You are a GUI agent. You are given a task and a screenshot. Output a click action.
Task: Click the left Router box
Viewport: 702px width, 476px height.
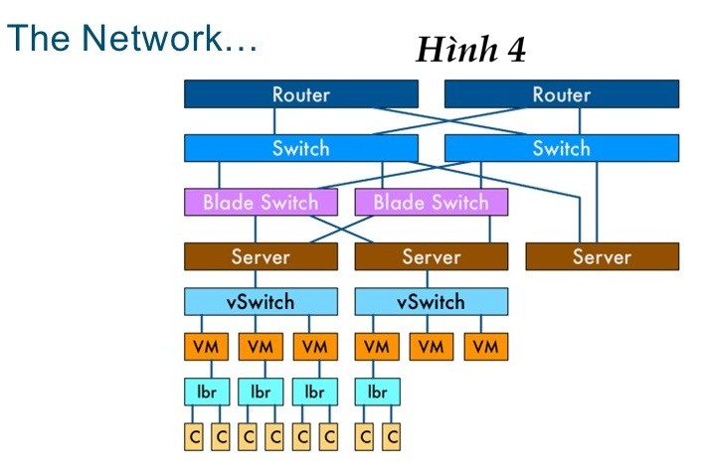click(x=300, y=94)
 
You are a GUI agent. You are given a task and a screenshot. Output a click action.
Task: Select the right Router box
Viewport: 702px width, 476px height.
click(x=561, y=94)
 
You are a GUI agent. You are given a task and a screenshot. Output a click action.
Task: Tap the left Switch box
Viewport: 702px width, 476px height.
click(x=300, y=148)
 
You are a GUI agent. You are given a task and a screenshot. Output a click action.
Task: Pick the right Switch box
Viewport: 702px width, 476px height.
click(x=561, y=148)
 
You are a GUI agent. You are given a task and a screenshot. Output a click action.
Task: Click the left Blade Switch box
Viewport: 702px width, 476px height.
click(x=261, y=202)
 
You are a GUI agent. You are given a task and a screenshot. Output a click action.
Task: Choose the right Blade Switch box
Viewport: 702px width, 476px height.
click(x=431, y=202)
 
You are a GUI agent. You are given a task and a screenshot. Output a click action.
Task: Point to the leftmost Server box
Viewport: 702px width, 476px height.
click(x=261, y=256)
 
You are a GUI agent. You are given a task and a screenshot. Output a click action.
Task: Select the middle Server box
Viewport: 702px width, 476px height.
click(x=431, y=256)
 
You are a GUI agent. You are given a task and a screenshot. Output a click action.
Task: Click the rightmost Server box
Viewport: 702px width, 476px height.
click(x=602, y=256)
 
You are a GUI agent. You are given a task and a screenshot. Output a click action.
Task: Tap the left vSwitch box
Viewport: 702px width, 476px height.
click(x=261, y=301)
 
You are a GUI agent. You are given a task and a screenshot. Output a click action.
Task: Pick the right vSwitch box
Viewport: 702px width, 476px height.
click(x=431, y=301)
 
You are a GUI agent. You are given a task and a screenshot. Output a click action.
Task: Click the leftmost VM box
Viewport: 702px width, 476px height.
click(x=206, y=347)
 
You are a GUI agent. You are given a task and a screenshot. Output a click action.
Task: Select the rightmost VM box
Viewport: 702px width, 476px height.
click(x=485, y=347)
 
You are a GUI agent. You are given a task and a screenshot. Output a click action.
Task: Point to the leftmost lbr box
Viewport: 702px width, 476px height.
click(x=206, y=392)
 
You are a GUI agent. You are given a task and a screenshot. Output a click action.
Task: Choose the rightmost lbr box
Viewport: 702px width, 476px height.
click(x=377, y=392)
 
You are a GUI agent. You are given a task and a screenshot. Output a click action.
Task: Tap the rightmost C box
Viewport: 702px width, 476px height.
click(x=391, y=436)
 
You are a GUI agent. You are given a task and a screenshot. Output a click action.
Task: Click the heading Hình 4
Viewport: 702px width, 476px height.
click(x=470, y=50)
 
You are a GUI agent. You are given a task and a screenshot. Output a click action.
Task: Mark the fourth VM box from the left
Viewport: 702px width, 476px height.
click(x=377, y=347)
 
